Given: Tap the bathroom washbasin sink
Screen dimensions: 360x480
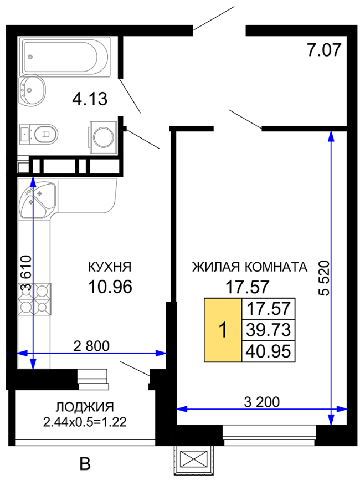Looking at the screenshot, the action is pyautogui.click(x=32, y=90).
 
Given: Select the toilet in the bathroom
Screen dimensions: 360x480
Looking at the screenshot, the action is pyautogui.click(x=39, y=134).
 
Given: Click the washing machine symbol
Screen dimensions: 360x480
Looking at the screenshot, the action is pyautogui.click(x=104, y=137).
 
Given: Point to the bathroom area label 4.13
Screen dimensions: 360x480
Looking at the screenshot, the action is pyautogui.click(x=90, y=99).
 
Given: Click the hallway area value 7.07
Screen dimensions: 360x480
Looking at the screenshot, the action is pyautogui.click(x=324, y=50).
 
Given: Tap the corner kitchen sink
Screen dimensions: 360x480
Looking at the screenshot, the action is pyautogui.click(x=37, y=200).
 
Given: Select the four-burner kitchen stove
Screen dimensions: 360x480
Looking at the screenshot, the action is pyautogui.click(x=34, y=299).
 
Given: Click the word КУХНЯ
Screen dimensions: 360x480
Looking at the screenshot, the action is pyautogui.click(x=110, y=267).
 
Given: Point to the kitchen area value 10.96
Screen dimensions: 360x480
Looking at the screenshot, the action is pyautogui.click(x=110, y=287).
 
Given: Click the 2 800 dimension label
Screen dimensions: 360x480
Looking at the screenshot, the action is pyautogui.click(x=91, y=346).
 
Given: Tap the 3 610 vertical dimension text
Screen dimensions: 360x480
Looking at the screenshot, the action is pyautogui.click(x=25, y=273).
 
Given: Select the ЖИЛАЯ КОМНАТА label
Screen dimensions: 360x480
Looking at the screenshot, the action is pyautogui.click(x=250, y=267).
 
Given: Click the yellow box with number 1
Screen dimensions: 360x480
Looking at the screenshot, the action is pyautogui.click(x=223, y=330).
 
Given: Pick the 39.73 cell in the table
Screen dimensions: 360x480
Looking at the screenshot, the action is pyautogui.click(x=269, y=330).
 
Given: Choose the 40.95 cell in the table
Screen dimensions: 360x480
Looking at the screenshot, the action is pyautogui.click(x=269, y=351).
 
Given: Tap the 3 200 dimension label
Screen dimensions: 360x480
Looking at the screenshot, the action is pyautogui.click(x=262, y=402).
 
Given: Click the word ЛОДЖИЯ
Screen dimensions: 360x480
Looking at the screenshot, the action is pyautogui.click(x=85, y=407).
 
